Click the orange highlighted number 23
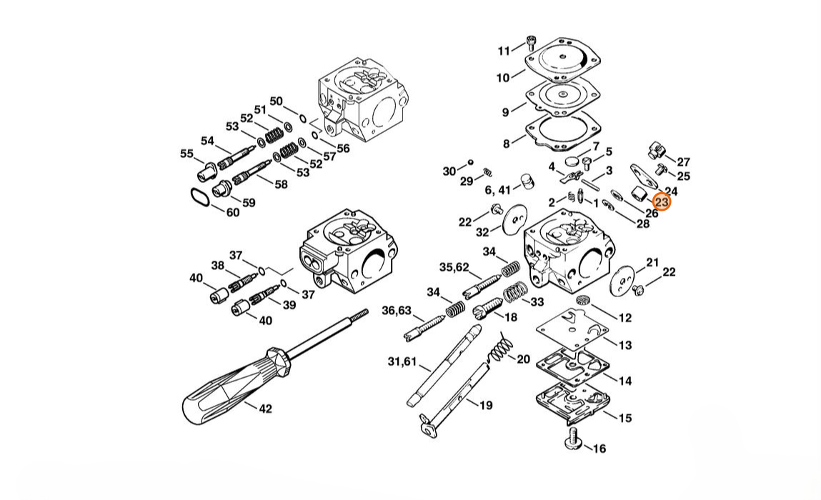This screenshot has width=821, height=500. pyautogui.click(x=662, y=201)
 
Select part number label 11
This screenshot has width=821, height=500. pyautogui.click(x=504, y=51)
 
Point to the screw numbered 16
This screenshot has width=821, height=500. pyautogui.click(x=573, y=439)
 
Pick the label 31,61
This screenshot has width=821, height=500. pyautogui.click(x=402, y=361)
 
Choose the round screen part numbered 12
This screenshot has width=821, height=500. pyautogui.click(x=583, y=300)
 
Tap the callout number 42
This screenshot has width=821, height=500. pyautogui.click(x=266, y=409)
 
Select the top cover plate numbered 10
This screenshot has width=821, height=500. pyautogui.click(x=562, y=60)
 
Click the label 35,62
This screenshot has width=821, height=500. pyautogui.click(x=454, y=267)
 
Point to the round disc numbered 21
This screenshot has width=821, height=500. pyautogui.click(x=622, y=276)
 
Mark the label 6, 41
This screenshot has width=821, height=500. pyautogui.click(x=497, y=189)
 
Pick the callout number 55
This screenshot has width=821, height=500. pyautogui.click(x=187, y=154)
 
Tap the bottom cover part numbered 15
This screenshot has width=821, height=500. pyautogui.click(x=573, y=402)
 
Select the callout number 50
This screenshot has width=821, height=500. pyautogui.click(x=276, y=101)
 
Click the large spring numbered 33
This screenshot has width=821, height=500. pyautogui.click(x=516, y=293)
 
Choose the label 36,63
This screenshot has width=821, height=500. pyautogui.click(x=397, y=311)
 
